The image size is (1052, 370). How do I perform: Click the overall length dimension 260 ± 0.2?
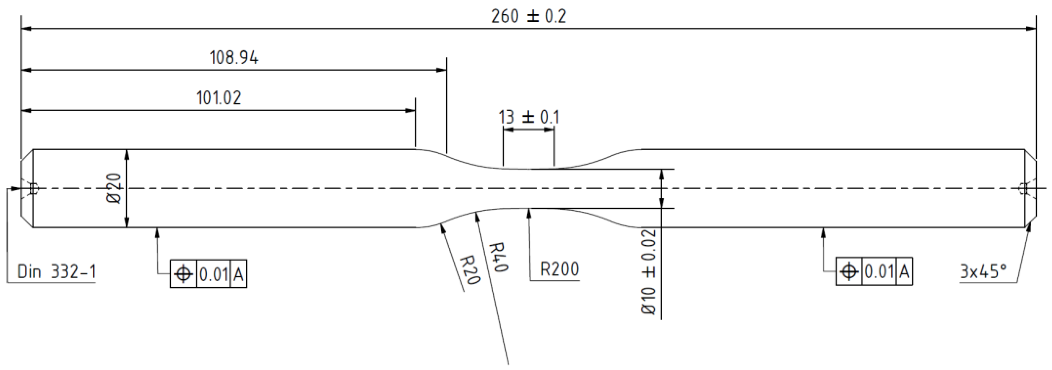(x=528, y=17)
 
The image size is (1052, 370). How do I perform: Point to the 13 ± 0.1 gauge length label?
(x=528, y=118)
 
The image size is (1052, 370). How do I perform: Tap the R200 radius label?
(x=559, y=270)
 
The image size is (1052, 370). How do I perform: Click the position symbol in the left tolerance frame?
(x=183, y=274)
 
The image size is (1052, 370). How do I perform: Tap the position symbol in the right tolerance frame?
(x=849, y=271)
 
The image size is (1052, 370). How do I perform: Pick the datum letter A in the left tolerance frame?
(x=238, y=274)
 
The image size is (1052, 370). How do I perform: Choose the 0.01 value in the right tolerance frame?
(x=879, y=271)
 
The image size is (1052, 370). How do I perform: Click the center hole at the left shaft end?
(x=33, y=189)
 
